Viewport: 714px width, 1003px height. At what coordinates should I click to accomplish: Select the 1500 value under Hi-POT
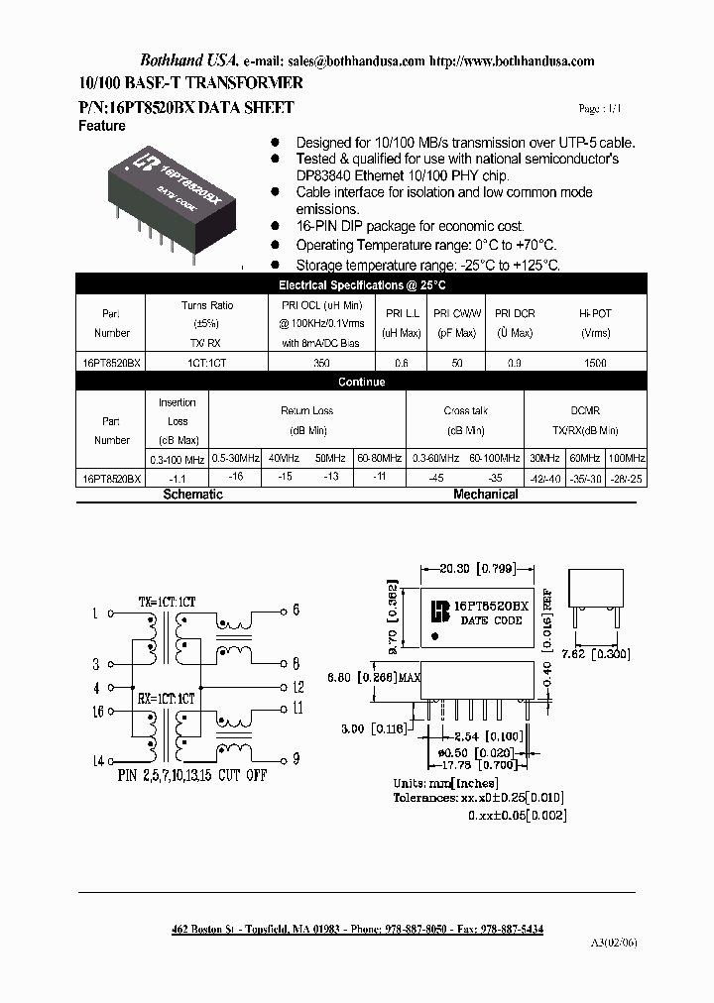[595, 364]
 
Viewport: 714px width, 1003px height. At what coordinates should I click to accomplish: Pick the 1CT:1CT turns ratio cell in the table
[207, 364]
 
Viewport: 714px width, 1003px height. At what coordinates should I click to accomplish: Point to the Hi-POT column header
[595, 312]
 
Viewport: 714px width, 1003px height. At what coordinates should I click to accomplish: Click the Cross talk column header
[464, 410]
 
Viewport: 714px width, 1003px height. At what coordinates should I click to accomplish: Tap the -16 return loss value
[235, 476]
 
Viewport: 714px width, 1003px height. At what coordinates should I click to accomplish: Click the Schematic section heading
[192, 494]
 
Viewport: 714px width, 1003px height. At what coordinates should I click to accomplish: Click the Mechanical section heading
[486, 494]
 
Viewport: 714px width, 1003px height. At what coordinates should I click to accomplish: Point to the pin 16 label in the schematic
[97, 712]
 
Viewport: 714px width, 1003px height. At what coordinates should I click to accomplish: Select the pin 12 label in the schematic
[297, 687]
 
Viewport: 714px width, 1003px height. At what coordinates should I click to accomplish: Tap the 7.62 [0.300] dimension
[596, 653]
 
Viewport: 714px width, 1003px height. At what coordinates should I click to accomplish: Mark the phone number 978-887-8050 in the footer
[417, 930]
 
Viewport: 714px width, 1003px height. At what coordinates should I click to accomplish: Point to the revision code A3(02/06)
[616, 943]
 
